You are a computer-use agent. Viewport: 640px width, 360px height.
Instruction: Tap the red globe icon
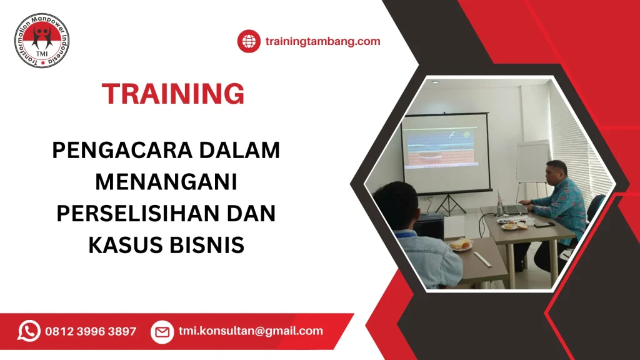pyautogui.click(x=248, y=42)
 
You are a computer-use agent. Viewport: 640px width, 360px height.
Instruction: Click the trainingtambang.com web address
pyautogui.click(x=322, y=42)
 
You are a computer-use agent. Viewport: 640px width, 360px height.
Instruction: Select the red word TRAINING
pyautogui.click(x=173, y=94)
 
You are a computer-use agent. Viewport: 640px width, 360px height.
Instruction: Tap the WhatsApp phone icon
pyautogui.click(x=29, y=331)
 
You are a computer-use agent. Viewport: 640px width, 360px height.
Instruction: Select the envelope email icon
pyautogui.click(x=162, y=331)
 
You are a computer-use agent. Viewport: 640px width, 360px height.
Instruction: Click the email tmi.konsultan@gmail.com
pyautogui.click(x=251, y=331)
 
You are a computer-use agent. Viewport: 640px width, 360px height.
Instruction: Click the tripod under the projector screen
pyautogui.click(x=448, y=203)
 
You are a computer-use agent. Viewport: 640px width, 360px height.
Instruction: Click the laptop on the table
pyautogui.click(x=514, y=210)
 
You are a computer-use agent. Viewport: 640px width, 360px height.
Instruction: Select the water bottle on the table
pyautogui.click(x=499, y=206)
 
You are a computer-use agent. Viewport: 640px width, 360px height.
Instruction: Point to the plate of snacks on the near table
pyautogui.click(x=461, y=244)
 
